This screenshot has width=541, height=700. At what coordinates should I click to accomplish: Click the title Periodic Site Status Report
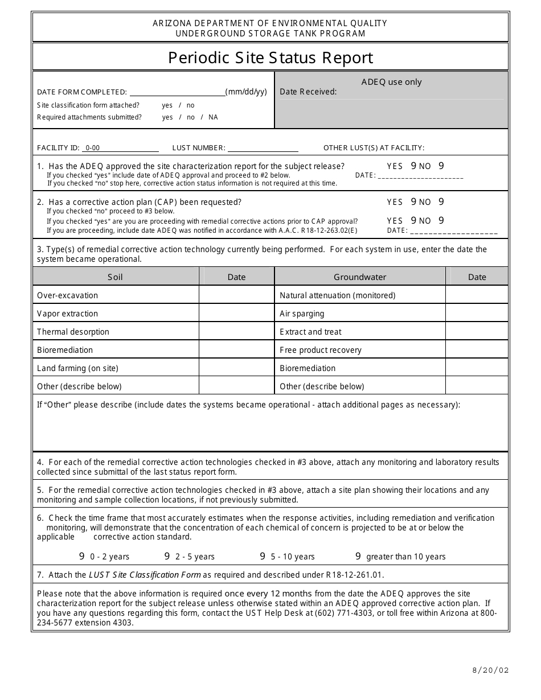(x=270, y=57)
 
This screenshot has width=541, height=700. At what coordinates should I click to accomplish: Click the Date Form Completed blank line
(x=177, y=92)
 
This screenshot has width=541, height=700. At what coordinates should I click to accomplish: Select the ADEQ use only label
(x=391, y=82)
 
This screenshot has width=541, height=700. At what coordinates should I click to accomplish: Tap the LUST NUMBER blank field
(x=263, y=148)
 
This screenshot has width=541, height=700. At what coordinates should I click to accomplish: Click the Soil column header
(x=115, y=277)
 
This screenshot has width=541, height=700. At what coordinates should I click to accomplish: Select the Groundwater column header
(x=360, y=277)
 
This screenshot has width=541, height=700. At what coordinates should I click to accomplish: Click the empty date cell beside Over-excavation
(x=236, y=295)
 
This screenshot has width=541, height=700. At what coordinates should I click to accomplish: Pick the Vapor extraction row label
(x=67, y=314)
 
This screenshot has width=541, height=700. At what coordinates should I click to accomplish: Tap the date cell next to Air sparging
(x=477, y=313)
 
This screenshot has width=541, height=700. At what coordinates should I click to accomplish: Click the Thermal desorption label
(x=73, y=332)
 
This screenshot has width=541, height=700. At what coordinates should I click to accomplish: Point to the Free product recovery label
(x=321, y=350)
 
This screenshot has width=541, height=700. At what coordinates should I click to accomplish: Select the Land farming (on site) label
(x=77, y=368)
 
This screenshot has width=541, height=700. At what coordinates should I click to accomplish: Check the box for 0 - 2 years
(x=82, y=557)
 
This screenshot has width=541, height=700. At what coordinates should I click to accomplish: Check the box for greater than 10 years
(x=358, y=557)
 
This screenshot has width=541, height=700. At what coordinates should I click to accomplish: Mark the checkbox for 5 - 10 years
(x=263, y=557)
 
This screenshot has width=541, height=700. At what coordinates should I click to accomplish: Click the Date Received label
(x=308, y=92)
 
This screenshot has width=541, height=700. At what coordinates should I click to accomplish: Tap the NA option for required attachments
(x=213, y=117)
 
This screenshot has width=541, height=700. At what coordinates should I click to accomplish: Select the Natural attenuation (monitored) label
(x=337, y=295)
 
